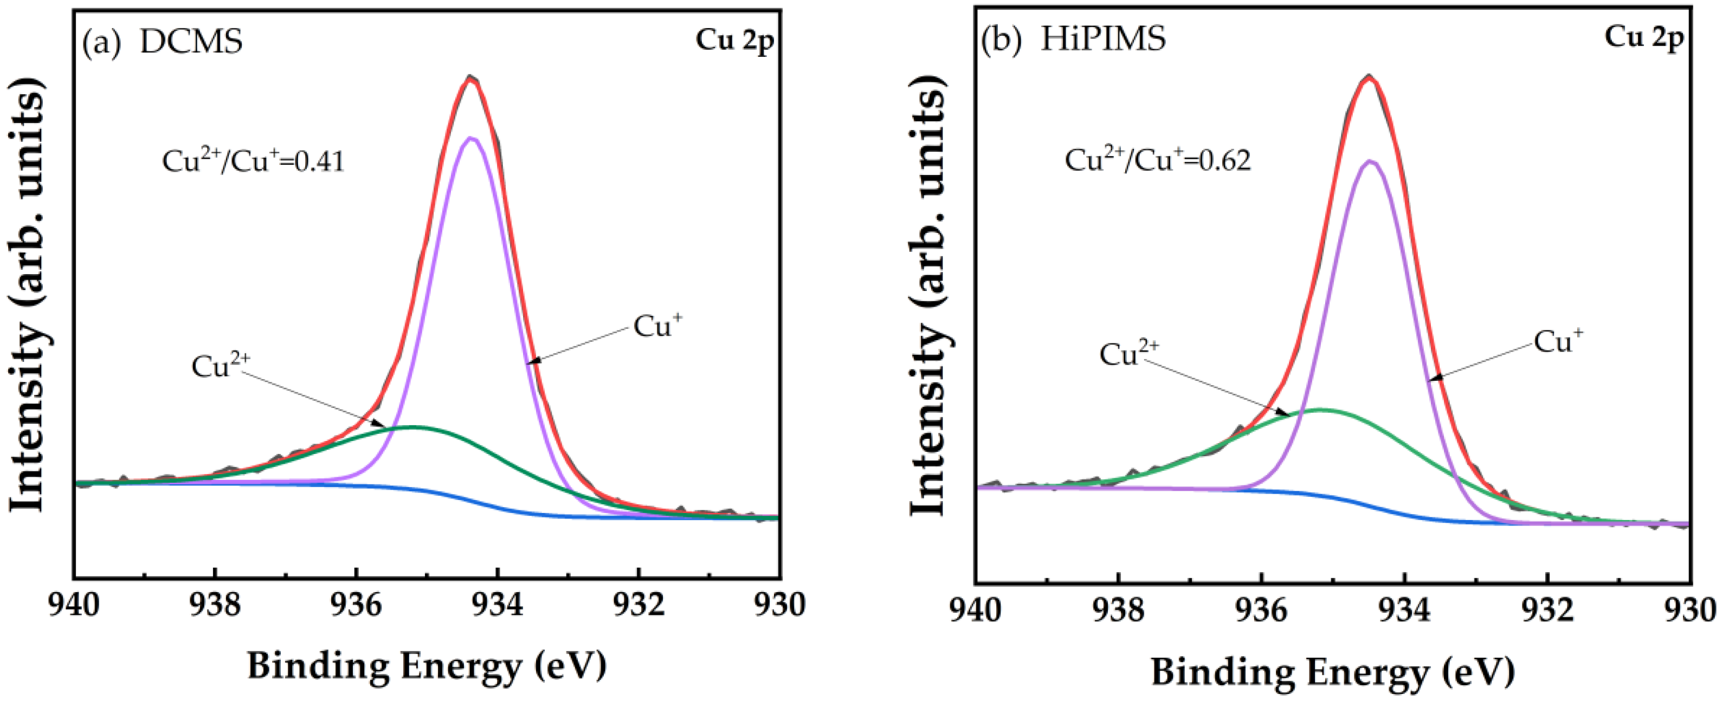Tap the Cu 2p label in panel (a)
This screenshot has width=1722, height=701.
point(734,40)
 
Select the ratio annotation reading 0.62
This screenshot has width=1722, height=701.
point(1157,160)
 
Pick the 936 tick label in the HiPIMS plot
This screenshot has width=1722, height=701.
point(1262,609)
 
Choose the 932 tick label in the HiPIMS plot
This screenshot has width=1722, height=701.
point(1547,609)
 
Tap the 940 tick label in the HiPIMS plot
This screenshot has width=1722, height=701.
point(977,609)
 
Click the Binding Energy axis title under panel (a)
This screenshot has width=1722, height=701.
point(427,666)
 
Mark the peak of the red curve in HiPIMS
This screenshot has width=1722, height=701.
point(1369,77)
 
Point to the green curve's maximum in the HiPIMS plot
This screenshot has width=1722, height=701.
point(1320,409)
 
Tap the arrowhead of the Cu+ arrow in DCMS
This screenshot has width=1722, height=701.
point(531,362)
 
